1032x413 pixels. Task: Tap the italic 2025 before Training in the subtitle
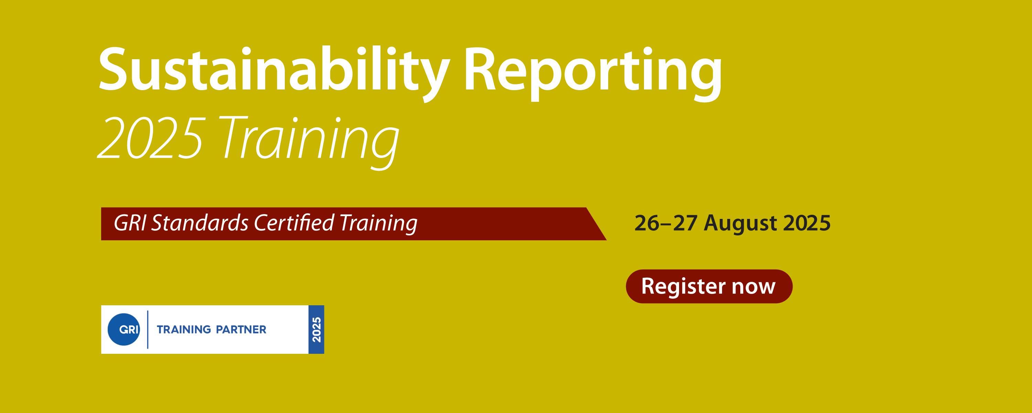(x=149, y=139)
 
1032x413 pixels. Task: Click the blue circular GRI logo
(x=124, y=330)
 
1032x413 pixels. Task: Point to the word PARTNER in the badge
(x=241, y=330)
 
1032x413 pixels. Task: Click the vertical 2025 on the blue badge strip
(x=316, y=330)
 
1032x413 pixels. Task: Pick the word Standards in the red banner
(x=200, y=223)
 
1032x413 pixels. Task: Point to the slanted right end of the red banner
(x=596, y=224)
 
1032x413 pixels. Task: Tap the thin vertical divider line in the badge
(x=148, y=330)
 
